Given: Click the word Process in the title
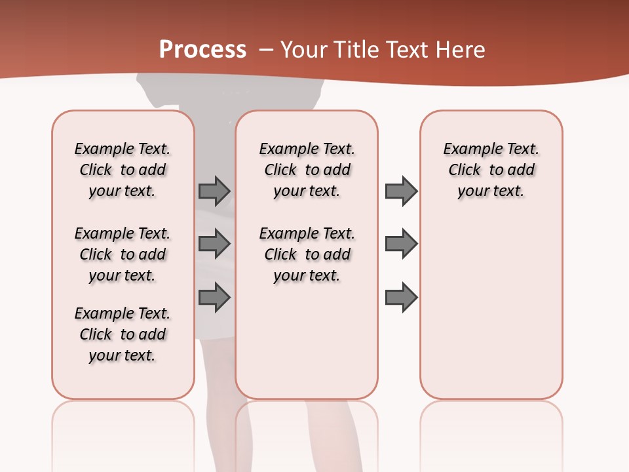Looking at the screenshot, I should [x=202, y=50].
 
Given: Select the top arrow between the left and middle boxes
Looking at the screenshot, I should [x=214, y=191].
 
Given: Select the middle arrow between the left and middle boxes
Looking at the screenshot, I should [x=214, y=244].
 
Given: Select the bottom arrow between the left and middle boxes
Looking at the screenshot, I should [x=214, y=298].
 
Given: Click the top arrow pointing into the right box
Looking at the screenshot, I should [x=401, y=191].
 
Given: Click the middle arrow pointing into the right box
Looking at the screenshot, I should [x=401, y=244].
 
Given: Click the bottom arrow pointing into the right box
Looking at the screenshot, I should [x=401, y=298].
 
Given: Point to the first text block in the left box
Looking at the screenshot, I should [x=123, y=170].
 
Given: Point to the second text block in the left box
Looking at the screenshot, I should [x=123, y=254].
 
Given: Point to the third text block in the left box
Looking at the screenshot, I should [x=123, y=334].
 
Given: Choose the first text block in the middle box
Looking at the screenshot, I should [x=307, y=170].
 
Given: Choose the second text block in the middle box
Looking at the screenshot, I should [x=307, y=254].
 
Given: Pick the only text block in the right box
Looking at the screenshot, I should [x=491, y=170].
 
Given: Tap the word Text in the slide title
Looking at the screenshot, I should [x=406, y=50].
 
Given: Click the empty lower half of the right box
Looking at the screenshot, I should [x=491, y=315].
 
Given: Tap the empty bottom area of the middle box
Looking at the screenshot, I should [x=307, y=347].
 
